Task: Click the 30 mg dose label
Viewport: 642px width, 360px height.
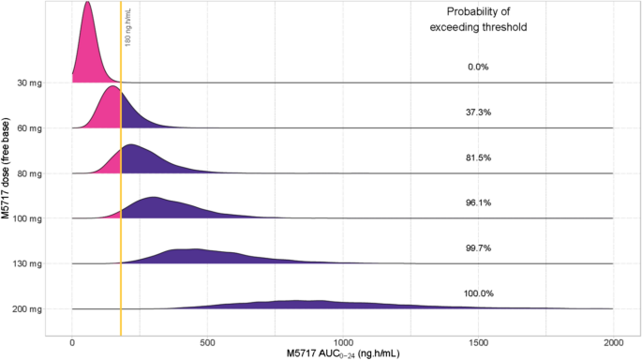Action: click(28, 83)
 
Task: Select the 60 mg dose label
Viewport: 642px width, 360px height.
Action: click(28, 128)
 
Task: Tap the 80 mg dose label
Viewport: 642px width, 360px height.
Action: click(28, 173)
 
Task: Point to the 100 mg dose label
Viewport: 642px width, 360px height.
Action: click(26, 218)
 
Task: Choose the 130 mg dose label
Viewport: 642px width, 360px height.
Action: click(26, 264)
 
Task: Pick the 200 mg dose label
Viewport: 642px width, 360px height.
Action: click(26, 309)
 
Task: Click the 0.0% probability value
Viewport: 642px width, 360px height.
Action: click(478, 67)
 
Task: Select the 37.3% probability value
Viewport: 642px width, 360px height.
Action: click(478, 112)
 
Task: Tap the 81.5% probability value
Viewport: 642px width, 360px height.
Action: click(478, 157)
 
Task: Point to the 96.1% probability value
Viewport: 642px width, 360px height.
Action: click(478, 202)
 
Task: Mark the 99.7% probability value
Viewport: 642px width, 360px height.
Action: click(478, 248)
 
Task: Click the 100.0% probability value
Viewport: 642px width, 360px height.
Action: click(478, 293)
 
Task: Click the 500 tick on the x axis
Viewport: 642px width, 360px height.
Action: click(208, 342)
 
